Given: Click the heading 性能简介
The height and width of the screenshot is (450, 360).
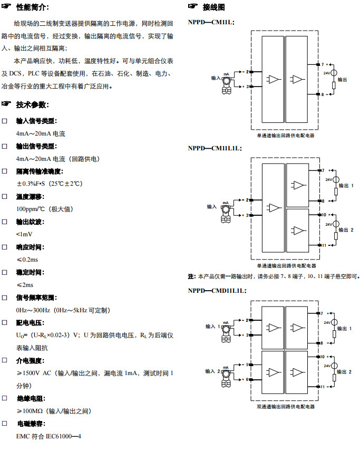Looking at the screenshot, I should coord(33,8).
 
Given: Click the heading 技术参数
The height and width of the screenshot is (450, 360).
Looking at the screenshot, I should coord(33,104).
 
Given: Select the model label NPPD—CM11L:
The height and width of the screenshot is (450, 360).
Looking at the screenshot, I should coord(211,22).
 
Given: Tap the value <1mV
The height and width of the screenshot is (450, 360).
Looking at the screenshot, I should coord(24,234).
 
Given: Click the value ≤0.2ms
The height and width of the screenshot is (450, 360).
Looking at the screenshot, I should coord(27,260).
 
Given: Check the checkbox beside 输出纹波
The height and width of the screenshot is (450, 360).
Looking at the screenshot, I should coord(5,222).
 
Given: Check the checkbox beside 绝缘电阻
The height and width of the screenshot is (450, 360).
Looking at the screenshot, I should coord(5,399).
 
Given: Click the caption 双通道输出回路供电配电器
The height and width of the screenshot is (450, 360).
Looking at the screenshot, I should coord(286,407).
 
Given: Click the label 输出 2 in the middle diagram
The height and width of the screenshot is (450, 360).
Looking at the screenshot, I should coord(346,230).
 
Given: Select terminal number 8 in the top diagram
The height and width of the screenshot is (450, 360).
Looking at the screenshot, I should coord(323,95).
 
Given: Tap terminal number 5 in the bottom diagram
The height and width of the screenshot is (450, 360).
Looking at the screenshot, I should coord(247,365).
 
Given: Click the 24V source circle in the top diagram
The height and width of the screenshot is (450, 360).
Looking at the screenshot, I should coord(334,72).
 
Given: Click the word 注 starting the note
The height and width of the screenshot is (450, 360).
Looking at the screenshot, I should coord(191,276).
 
